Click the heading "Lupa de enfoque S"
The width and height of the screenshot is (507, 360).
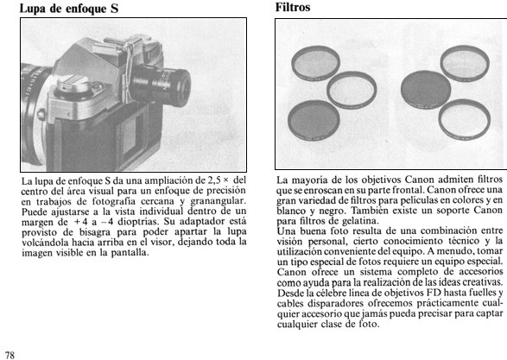coord(69,9)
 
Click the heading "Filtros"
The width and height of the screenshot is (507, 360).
coord(293,7)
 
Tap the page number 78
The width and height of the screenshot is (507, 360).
coord(10,355)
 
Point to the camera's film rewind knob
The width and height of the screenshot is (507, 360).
coord(73,85)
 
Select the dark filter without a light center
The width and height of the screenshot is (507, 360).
coord(426,90)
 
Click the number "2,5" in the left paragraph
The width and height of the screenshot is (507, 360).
coord(213,180)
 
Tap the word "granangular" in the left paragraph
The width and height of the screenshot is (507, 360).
coord(218,201)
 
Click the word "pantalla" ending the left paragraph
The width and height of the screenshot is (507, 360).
coord(130,253)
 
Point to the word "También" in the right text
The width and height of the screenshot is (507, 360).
coord(370,211)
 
